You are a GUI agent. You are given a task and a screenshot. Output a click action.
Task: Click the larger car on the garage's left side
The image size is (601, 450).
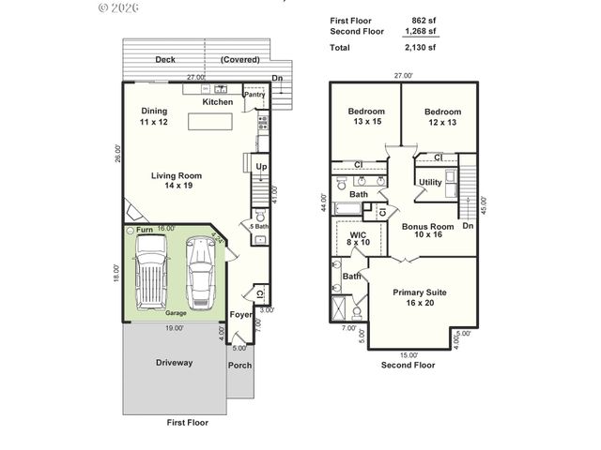click(x=151, y=272)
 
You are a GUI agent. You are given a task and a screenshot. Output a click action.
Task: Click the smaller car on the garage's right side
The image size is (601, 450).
click(x=200, y=272)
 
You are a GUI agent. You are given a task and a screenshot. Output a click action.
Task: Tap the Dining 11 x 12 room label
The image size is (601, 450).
click(x=154, y=116)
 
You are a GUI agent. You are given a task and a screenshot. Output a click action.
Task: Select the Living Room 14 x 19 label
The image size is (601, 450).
click(x=177, y=180)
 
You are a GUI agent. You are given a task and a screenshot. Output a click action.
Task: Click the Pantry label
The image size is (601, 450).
click(x=254, y=95)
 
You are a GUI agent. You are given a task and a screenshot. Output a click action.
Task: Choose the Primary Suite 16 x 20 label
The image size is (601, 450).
click(x=419, y=297)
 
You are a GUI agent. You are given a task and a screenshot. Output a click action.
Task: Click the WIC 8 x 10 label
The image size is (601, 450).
click(x=358, y=238)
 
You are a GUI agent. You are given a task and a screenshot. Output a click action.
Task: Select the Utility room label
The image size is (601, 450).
click(x=430, y=183)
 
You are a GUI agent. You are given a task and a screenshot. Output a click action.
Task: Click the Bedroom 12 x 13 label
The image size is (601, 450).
click(x=442, y=116)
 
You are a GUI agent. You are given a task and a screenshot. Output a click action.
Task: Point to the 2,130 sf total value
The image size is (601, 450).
click(x=419, y=47)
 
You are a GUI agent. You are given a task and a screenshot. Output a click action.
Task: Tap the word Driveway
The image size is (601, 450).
click(x=174, y=362)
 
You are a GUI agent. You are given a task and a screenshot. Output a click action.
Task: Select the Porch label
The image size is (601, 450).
click(x=239, y=365)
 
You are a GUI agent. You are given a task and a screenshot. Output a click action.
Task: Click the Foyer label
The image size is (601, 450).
click(x=241, y=315)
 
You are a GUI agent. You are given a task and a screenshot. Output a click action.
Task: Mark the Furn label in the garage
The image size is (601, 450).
click(x=144, y=231)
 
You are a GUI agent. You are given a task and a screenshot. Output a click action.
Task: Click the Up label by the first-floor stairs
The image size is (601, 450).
click(x=261, y=167)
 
